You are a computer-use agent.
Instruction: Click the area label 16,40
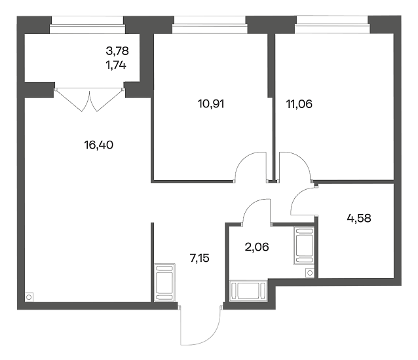click(x=99, y=145)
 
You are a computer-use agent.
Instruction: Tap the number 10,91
click(x=211, y=103)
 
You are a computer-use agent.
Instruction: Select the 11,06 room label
click(x=299, y=104)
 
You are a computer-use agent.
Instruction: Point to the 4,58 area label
click(x=359, y=219)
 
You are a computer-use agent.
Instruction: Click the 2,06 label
click(x=257, y=247)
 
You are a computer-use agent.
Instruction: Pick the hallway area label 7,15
click(x=199, y=258)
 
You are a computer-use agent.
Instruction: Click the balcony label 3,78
click(x=117, y=50)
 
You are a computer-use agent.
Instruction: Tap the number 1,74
click(x=116, y=65)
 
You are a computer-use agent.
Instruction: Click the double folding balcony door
click(x=90, y=99)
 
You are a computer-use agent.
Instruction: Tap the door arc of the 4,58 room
click(x=295, y=196)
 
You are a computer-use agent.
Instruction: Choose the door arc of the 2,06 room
click(x=250, y=204)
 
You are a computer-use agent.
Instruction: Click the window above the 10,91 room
click(x=210, y=25)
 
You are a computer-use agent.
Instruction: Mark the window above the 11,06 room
click(x=332, y=25)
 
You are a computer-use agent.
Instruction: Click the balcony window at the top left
click(x=87, y=26)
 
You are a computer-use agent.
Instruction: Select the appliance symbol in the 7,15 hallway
click(x=164, y=283)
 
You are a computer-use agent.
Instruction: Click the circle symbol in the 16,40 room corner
click(x=29, y=297)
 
